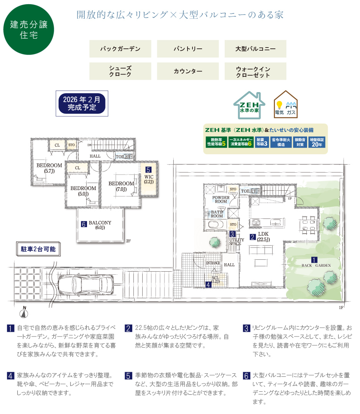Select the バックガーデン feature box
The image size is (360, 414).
point(120,49)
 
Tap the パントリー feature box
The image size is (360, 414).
point(188,49)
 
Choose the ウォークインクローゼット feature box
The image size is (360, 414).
point(255,71)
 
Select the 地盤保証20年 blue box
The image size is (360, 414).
point(317,142)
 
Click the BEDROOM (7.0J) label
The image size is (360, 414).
point(121,186)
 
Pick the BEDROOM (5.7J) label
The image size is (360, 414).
point(49,168)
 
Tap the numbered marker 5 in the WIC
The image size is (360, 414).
point(149,169)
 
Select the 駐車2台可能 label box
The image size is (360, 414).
point(38,249)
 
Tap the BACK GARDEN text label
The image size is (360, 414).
point(316,265)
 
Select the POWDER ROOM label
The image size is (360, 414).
point(221,200)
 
